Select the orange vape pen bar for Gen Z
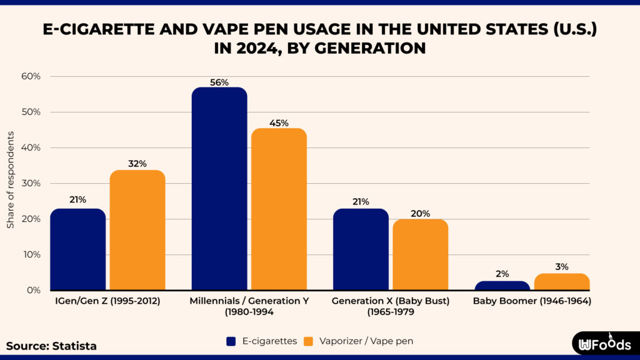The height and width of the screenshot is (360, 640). point(137,230)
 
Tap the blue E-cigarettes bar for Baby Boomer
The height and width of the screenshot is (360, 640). point(502,286)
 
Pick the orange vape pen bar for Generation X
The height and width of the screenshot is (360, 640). point(420,255)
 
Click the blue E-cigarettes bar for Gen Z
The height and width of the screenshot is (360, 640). point(78,249)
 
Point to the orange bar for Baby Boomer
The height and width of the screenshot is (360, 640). point(562,282)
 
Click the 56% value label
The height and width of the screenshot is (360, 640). point(219,82)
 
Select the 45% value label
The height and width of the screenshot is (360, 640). point(279,123)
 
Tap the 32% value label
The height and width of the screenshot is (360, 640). point(137,164)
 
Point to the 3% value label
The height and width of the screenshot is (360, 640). point(562,267)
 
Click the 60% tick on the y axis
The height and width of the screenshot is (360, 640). point(31,76)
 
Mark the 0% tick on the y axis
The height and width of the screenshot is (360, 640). point(34,290)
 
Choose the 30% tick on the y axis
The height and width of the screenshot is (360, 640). point(31,183)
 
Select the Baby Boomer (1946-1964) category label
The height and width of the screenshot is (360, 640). point(532,301)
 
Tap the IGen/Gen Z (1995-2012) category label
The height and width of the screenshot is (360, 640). point(107,301)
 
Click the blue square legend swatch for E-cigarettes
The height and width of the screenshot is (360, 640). point(230,341)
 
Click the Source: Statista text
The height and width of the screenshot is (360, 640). point(51,346)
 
